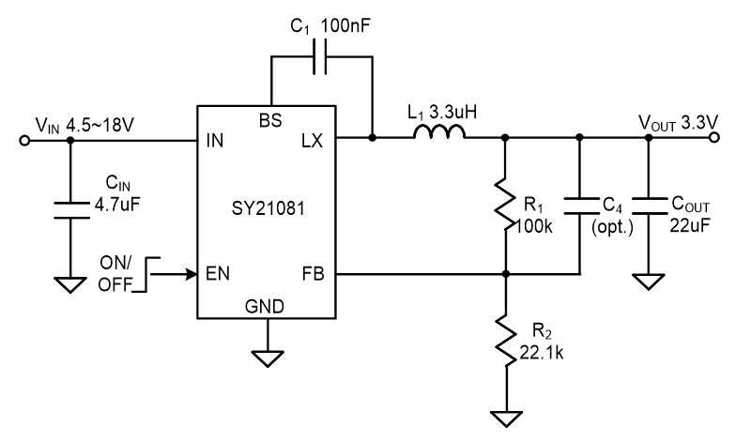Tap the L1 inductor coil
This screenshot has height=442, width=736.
click(439, 132)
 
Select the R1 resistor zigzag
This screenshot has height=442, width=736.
click(505, 205)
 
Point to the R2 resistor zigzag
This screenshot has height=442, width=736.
click(506, 340)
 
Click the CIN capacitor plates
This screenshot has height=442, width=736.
click(71, 210)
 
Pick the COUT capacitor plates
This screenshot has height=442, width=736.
click(649, 206)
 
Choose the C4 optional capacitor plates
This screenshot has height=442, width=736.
click(580, 206)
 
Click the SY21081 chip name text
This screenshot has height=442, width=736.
click(268, 208)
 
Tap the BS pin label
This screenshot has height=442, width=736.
click(270, 120)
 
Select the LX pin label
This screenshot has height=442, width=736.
click(312, 141)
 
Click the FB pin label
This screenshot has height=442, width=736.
click(314, 274)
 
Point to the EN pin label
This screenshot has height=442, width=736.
click(218, 274)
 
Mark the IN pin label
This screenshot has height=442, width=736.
click(215, 141)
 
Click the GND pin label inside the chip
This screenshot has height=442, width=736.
click(265, 306)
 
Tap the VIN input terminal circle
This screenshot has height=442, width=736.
click(24, 141)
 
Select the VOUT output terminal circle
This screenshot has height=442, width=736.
click(714, 137)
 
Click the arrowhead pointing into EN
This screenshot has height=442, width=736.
click(192, 274)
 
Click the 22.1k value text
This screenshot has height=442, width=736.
click(541, 353)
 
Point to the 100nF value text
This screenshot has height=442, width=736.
click(345, 26)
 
